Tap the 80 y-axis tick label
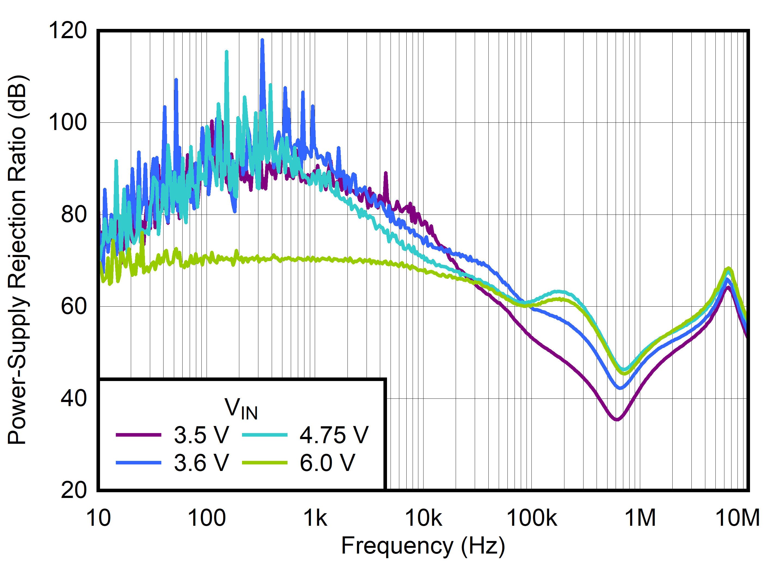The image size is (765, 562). (x=74, y=215)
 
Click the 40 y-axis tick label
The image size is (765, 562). (x=74, y=398)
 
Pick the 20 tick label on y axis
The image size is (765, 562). (x=74, y=490)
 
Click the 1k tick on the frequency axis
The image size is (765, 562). (x=315, y=518)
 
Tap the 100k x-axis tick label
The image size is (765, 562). (x=532, y=518)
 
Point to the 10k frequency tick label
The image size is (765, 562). (x=423, y=518)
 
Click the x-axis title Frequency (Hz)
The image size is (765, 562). (x=423, y=546)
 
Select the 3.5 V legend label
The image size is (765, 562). (x=201, y=435)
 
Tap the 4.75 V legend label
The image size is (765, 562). (x=334, y=435)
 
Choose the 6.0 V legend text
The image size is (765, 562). (x=327, y=463)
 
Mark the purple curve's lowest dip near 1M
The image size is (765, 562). (x=617, y=420)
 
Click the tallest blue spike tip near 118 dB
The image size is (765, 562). (x=262, y=40)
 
